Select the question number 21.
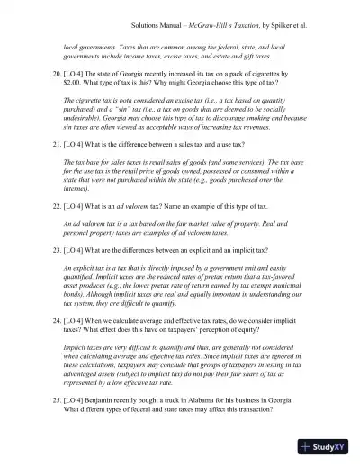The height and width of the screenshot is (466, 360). [57, 142]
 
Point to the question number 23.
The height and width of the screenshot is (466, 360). [57, 248]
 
